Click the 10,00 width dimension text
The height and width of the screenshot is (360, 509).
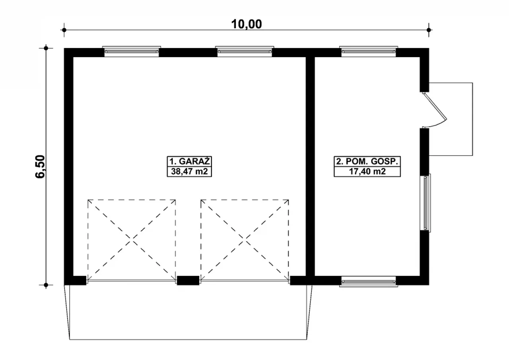[x=247, y=24]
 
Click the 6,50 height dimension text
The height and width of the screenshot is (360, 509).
[x=41, y=166]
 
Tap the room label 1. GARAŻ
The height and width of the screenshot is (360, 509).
[x=190, y=161]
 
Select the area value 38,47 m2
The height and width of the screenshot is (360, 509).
[x=190, y=171]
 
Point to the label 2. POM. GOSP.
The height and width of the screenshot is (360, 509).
[x=367, y=161]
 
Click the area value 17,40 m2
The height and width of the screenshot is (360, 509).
[x=367, y=171]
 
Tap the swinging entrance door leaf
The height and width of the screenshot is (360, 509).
[x=435, y=106]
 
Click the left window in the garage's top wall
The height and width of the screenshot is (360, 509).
[x=132, y=52]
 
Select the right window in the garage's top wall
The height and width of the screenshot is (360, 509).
[x=245, y=52]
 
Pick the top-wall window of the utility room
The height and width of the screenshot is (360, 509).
[x=369, y=52]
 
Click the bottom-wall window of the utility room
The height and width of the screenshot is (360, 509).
[x=369, y=281]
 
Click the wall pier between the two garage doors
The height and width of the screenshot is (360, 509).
[x=188, y=281]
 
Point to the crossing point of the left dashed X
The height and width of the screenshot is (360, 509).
[x=132, y=239]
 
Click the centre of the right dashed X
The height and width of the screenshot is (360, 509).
[x=245, y=239]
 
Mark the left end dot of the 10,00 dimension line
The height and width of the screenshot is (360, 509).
[x=64, y=30]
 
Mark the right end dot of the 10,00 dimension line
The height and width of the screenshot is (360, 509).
[x=429, y=30]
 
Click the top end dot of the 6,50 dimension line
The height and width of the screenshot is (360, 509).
[x=46, y=48]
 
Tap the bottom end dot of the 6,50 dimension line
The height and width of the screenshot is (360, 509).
[x=46, y=285]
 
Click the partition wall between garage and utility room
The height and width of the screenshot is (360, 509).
[x=310, y=166]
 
